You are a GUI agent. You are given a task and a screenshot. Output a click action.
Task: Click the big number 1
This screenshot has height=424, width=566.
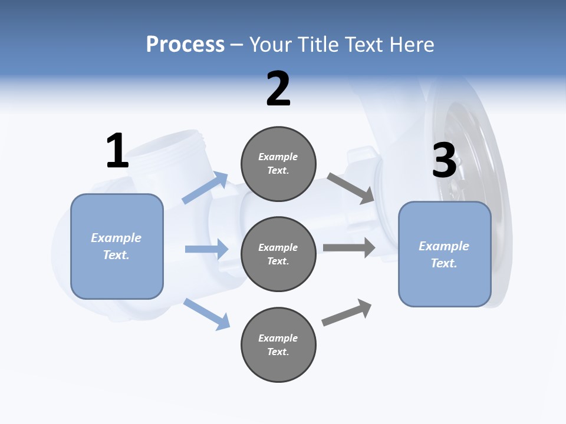point(117,151)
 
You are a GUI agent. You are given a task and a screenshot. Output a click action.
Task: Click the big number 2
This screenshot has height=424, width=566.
point(278,89)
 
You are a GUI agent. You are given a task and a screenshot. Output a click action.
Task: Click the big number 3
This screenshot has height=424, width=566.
point(444,160)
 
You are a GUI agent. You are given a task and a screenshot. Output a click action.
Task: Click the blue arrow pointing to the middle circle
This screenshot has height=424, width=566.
point(206,249)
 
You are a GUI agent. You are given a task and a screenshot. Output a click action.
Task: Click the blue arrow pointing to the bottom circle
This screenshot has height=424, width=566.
point(206,314)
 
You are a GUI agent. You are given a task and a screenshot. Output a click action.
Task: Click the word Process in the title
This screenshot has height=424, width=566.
point(185,44)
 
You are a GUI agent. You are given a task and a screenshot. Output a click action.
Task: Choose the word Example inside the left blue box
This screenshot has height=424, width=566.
point(116,238)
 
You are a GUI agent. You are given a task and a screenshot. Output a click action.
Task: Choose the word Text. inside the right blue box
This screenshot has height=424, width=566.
point(444,263)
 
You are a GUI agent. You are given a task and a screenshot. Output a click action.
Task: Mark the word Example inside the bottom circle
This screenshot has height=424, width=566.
point(278,338)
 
